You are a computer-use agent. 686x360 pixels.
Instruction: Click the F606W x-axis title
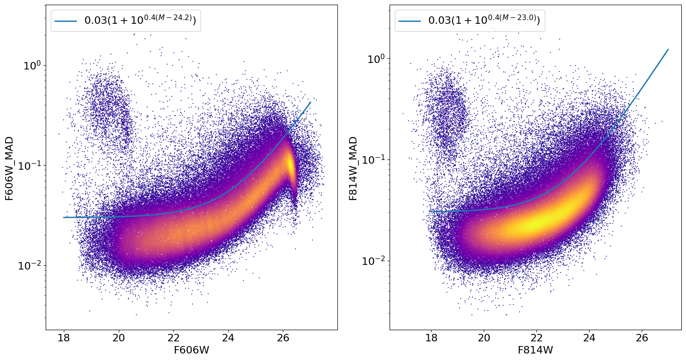pos(192,350)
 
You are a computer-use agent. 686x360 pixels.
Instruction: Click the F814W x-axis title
pos(535,350)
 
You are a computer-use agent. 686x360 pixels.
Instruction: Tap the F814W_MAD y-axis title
pos(354,168)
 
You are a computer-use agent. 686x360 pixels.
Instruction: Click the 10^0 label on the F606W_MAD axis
pos(33,65)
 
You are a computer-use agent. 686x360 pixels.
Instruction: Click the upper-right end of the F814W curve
pos(668,49)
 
